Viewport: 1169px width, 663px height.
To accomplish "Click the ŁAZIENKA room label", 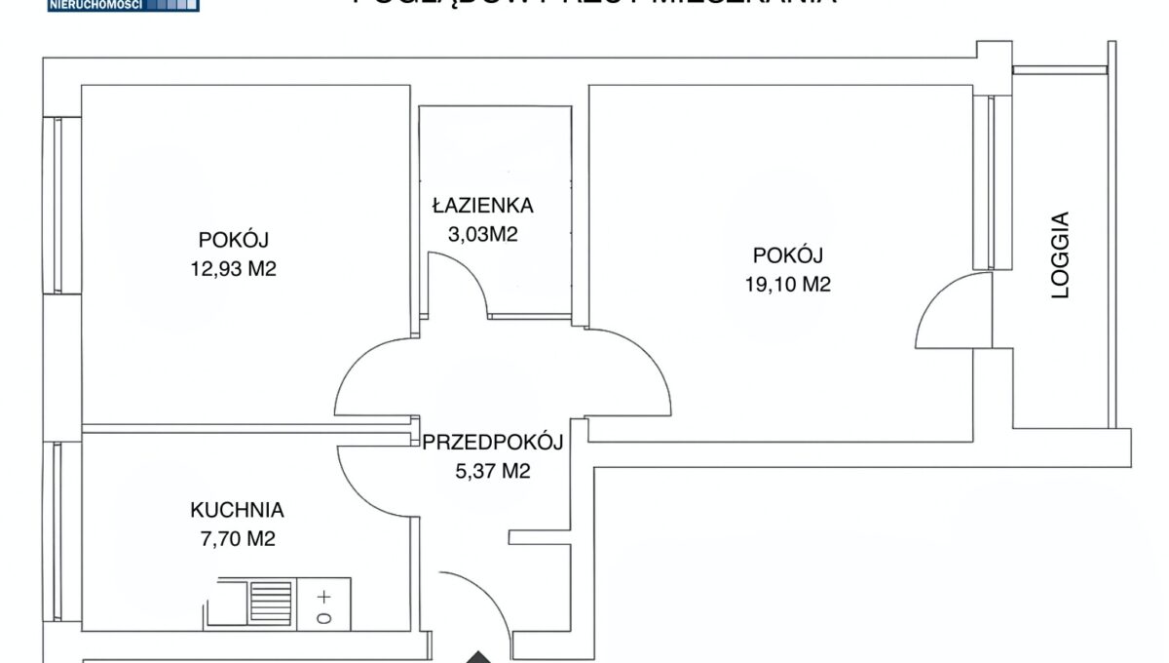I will [x=483, y=206].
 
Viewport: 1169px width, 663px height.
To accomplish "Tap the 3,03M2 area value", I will [x=483, y=234].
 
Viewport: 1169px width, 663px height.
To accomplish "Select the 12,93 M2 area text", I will [x=234, y=269].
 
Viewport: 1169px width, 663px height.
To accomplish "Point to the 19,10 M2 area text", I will [x=788, y=285].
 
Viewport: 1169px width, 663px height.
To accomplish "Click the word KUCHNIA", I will [x=237, y=509].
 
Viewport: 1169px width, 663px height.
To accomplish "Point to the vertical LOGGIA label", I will [x=1061, y=255].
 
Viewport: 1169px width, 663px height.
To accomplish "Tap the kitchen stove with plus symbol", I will [x=323, y=604].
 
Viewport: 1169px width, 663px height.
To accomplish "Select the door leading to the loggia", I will [x=950, y=310].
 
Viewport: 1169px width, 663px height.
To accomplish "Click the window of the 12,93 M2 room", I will [x=57, y=205].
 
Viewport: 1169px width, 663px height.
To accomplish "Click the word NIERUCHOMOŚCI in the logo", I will [x=95, y=5].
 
